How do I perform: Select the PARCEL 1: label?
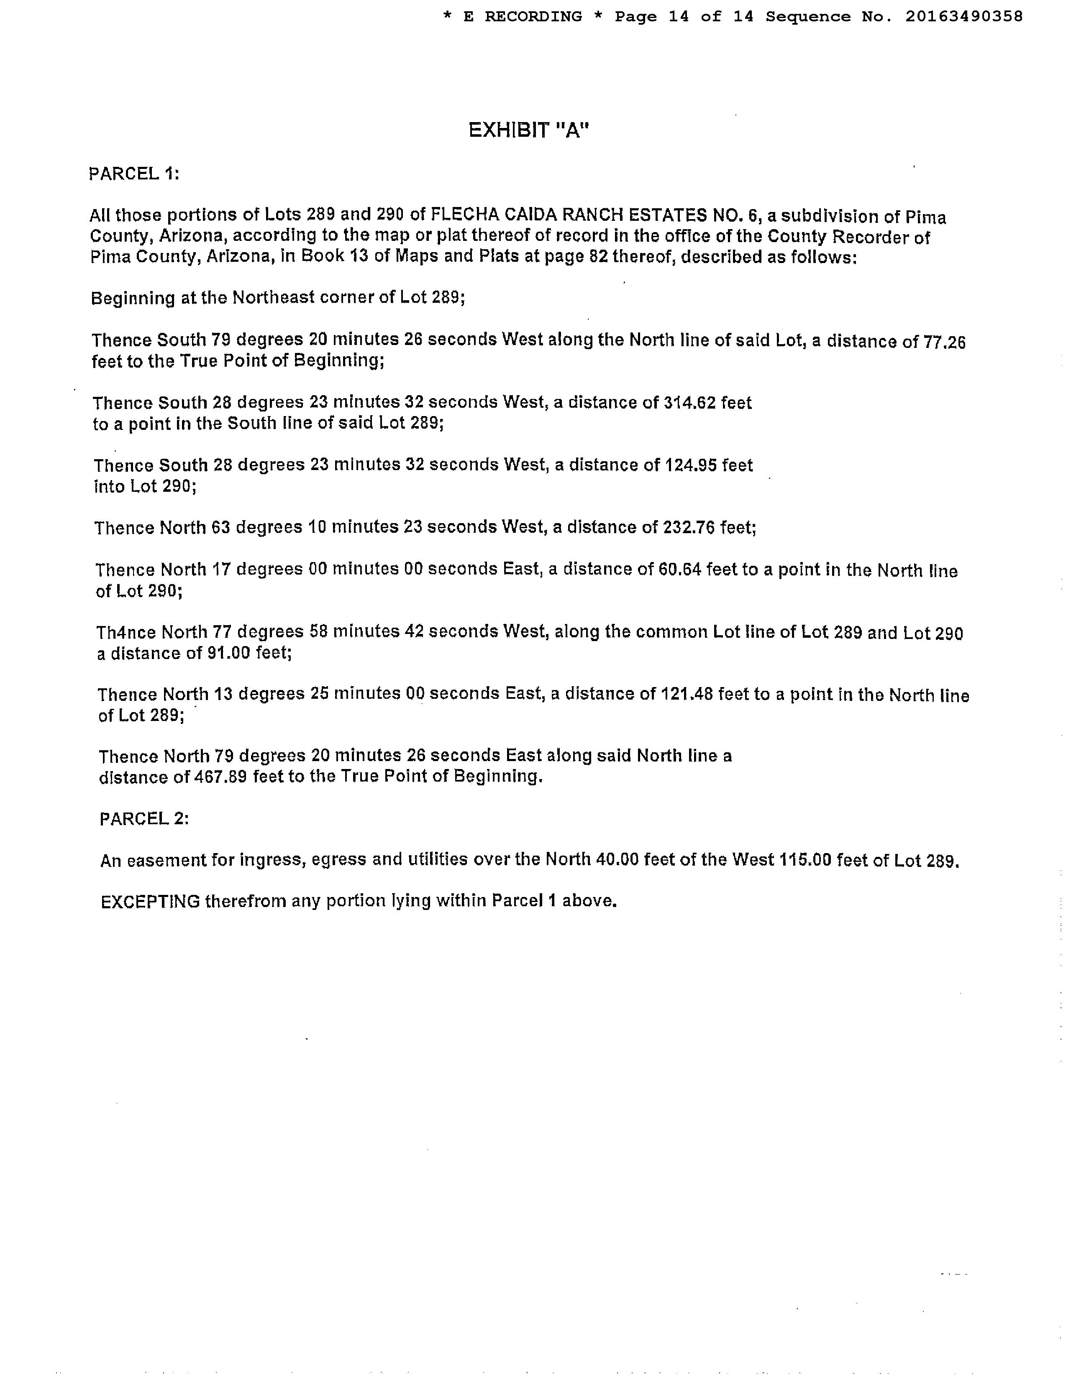tap(134, 174)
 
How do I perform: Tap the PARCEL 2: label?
tap(144, 819)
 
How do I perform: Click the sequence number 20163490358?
tap(963, 16)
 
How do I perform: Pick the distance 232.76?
tap(690, 528)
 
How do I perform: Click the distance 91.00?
tap(229, 653)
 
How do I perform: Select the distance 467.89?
tap(219, 777)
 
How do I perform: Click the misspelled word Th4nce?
tap(126, 632)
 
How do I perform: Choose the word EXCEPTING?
tap(150, 901)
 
